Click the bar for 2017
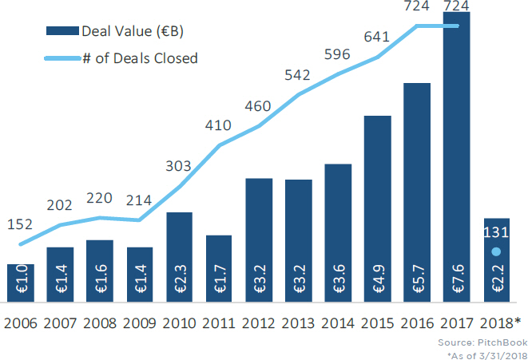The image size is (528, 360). [x=457, y=160]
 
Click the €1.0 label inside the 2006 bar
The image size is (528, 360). [x=21, y=283]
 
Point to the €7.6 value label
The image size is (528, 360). [x=457, y=283]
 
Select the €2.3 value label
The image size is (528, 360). [x=179, y=283]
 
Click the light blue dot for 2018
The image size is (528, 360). [x=496, y=252]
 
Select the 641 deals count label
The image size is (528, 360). [x=378, y=36]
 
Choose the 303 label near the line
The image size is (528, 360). [x=177, y=166]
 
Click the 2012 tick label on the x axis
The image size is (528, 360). [x=258, y=323]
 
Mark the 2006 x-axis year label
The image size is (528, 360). [x=21, y=323]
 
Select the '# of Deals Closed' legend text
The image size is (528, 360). [x=140, y=57]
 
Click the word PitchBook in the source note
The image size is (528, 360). [x=502, y=342]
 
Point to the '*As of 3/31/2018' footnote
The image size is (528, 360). [x=490, y=354]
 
